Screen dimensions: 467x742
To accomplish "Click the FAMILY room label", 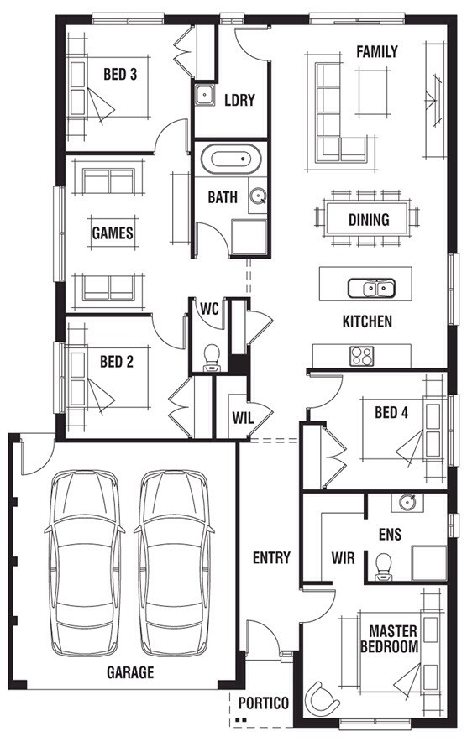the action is pos(377,51).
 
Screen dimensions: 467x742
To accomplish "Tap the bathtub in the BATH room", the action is pos(231,159).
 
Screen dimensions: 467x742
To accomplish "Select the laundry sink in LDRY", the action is pos(204,95).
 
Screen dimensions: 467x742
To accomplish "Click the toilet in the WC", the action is pos(212,358).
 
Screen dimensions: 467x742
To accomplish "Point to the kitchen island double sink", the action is pos(372,288).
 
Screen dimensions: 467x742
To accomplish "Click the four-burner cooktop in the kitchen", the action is pos(361,357).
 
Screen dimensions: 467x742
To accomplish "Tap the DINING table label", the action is pos(369,220).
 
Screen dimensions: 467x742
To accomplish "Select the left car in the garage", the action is pos(85,562).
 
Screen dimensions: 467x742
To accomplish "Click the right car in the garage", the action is pos(175,562).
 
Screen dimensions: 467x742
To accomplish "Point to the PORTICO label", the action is pos(264,703).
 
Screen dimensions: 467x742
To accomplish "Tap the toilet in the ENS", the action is pos(383,567).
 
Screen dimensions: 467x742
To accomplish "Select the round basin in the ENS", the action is pos(407,503).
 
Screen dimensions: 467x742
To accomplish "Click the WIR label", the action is pos(343,558).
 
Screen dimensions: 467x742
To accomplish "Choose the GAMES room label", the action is pos(113,233).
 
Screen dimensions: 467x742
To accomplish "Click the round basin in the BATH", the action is pos(258,196).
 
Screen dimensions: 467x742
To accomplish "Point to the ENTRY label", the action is pos(271,558).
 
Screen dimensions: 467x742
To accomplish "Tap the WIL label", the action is pos(243,418).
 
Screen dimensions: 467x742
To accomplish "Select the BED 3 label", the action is pos(120,75).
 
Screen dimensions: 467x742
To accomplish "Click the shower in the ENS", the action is pos(429,563).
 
